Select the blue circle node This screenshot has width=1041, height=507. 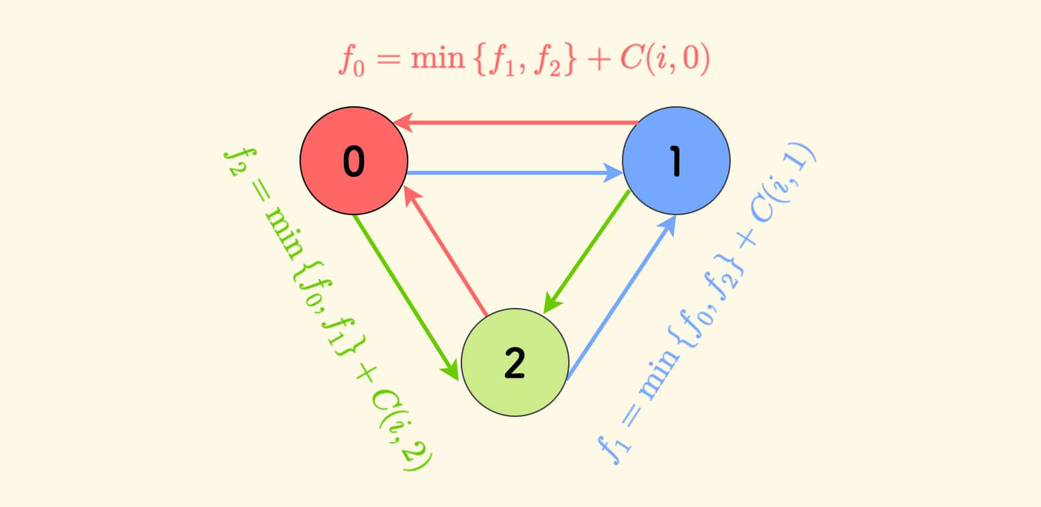click(x=676, y=161)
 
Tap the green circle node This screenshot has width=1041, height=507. click(x=514, y=363)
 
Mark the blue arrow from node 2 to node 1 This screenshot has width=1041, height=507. click(x=621, y=297)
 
